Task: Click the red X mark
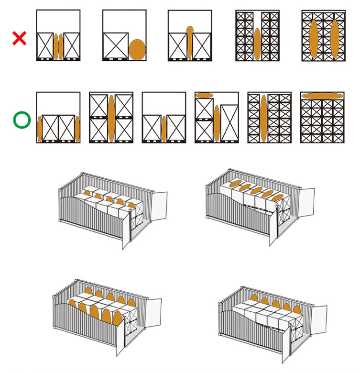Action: click(x=19, y=38)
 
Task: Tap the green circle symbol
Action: click(x=22, y=121)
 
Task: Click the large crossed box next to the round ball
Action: click(x=116, y=45)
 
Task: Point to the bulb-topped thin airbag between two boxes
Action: click(x=190, y=44)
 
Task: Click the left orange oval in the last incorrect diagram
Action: click(x=314, y=39)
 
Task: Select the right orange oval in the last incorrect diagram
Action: click(x=335, y=39)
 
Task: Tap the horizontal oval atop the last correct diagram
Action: click(x=322, y=95)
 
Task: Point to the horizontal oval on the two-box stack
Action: click(x=204, y=95)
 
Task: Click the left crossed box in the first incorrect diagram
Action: click(x=45, y=46)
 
